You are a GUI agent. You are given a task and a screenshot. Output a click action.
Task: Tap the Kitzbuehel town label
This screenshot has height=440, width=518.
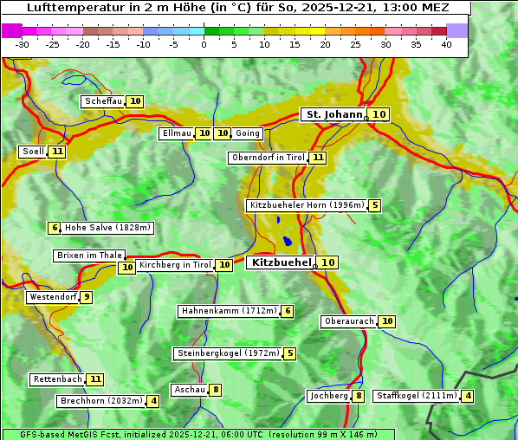(281, 262)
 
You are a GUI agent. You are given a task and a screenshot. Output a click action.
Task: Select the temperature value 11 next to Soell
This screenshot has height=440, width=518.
(57, 152)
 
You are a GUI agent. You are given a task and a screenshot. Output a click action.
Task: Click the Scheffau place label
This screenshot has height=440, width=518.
(104, 101)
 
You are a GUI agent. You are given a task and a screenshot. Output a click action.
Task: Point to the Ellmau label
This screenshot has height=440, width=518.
(176, 133)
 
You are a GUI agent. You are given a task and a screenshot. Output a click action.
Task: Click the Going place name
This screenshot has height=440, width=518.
(248, 133)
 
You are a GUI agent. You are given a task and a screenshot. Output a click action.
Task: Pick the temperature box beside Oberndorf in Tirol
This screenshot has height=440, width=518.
(318, 158)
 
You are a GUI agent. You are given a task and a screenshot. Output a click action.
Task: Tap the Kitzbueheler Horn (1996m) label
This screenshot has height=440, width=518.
(306, 205)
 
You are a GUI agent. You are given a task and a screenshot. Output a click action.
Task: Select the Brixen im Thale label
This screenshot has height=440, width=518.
(89, 256)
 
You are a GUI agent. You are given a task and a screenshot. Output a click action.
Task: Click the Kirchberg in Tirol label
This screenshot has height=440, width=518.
(175, 265)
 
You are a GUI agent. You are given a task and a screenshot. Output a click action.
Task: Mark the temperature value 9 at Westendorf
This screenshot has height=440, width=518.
(86, 297)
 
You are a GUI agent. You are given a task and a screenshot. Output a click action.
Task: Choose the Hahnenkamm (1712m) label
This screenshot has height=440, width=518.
(229, 311)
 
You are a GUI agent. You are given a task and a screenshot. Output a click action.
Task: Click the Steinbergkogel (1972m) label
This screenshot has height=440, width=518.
(228, 353)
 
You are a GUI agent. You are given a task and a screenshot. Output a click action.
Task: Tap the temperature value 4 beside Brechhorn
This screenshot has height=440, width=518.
(153, 401)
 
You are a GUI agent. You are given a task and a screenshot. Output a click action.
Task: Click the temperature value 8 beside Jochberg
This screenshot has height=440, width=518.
(359, 396)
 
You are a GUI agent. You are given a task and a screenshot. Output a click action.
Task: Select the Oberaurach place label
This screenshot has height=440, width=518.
(349, 321)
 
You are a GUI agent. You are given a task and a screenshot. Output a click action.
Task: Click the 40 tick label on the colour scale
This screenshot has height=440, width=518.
(446, 44)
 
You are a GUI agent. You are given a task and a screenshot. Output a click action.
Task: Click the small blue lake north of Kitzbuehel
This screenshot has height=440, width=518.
(286, 242)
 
